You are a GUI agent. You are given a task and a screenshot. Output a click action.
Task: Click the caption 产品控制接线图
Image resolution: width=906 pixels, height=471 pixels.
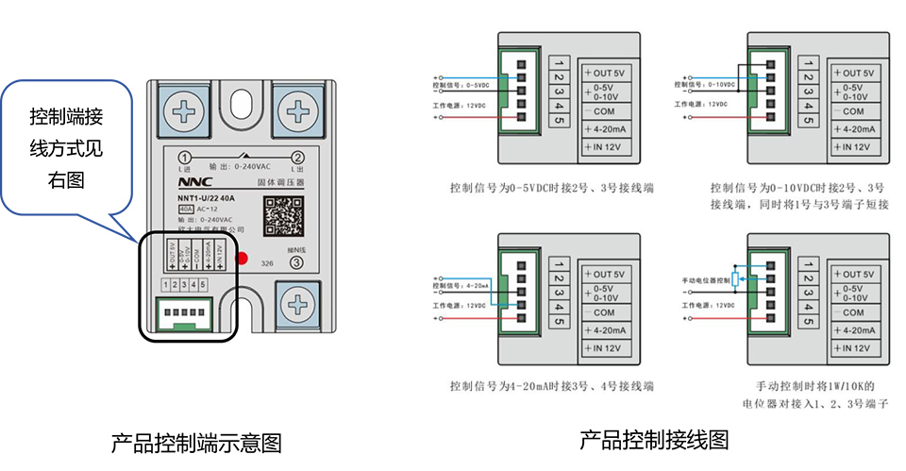click(x=653, y=440)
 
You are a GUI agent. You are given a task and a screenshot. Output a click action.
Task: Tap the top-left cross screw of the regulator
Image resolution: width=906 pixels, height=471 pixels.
click(x=186, y=111)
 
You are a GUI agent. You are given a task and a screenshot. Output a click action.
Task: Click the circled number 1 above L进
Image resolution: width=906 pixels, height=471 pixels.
click(x=185, y=158)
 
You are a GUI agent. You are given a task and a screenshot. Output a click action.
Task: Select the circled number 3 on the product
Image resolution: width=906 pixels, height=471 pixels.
click(x=297, y=264)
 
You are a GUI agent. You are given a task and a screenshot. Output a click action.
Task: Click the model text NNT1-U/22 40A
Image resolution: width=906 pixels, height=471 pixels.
click(x=207, y=197)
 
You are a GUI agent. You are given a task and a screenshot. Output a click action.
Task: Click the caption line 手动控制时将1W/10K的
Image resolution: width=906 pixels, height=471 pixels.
click(x=816, y=386)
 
